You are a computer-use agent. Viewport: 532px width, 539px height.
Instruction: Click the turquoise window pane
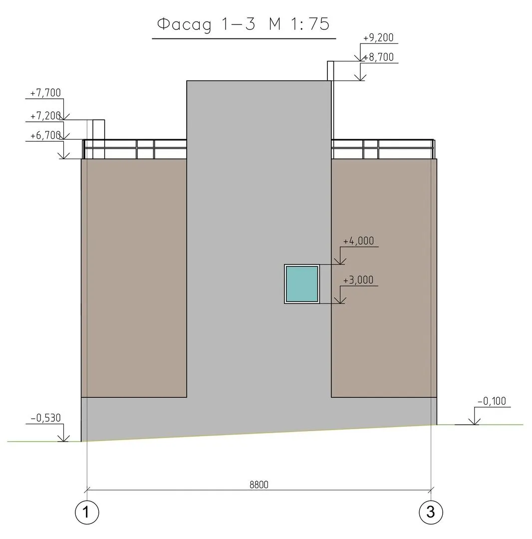click(302, 284)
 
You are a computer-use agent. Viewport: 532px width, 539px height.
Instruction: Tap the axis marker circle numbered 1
click(87, 512)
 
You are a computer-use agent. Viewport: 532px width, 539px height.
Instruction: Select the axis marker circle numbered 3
click(431, 512)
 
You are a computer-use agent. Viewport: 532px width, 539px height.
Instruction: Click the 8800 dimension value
click(259, 485)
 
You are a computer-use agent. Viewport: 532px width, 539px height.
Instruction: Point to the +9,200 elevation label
click(378, 37)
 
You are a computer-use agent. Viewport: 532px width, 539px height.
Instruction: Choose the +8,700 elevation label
click(379, 57)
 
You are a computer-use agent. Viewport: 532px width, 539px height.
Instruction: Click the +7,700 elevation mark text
click(45, 93)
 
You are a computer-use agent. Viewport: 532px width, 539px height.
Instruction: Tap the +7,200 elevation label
click(45, 116)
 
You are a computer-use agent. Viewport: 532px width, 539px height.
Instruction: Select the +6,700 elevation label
click(45, 135)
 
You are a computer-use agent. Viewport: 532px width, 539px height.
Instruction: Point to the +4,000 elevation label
click(358, 241)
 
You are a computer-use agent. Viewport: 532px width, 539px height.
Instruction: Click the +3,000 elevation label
click(358, 280)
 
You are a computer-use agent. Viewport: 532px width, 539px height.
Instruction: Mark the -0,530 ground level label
click(45, 418)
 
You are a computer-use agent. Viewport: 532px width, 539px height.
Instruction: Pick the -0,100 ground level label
click(492, 401)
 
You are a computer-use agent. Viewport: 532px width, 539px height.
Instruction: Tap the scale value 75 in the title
click(319, 24)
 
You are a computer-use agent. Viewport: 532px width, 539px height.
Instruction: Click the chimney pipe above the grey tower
click(330, 71)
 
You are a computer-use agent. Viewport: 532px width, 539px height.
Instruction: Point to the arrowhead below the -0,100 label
click(474, 421)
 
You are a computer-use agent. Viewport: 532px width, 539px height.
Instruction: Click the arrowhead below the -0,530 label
click(63, 438)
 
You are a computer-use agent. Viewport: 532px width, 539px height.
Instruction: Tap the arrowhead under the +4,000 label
click(339, 261)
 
